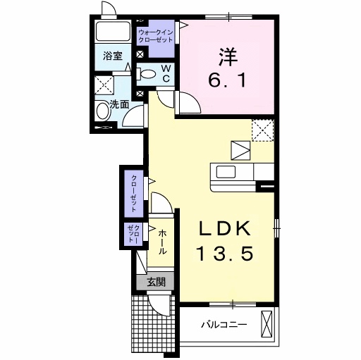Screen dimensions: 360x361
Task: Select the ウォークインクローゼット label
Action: [156, 37]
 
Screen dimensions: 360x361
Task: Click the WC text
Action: [166, 73]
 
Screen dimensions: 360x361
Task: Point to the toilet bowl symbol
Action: [147, 73]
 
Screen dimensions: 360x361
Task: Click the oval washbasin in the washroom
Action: [103, 110]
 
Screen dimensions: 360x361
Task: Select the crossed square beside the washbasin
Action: [106, 85]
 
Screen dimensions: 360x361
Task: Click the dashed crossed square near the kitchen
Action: [262, 130]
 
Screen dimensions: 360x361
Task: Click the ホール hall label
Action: [162, 242]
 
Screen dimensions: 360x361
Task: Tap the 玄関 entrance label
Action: [156, 283]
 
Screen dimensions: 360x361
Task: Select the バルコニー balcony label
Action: [223, 325]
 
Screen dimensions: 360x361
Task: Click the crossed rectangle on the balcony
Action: [267, 325]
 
